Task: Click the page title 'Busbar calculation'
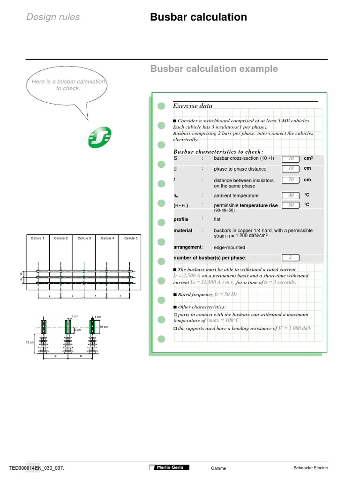[x=198, y=17]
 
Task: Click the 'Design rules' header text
[x=53, y=17]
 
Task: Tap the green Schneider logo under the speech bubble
[x=99, y=138]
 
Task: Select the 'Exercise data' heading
[x=193, y=106]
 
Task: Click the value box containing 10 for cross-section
[x=291, y=159]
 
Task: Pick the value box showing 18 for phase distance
[x=291, y=169]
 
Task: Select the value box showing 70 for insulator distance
[x=291, y=180]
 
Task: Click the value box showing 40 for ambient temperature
[x=291, y=195]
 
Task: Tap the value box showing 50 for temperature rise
[x=291, y=205]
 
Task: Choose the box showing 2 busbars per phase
[x=291, y=257]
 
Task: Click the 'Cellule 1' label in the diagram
[x=37, y=238]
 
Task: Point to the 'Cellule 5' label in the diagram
[x=131, y=238]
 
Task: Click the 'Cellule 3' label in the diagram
[x=84, y=238]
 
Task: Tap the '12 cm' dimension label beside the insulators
[x=29, y=343]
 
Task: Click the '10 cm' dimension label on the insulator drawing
[x=104, y=326]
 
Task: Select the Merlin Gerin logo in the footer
[x=169, y=467]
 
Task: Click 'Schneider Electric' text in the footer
[x=310, y=468]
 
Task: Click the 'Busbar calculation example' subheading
[x=214, y=69]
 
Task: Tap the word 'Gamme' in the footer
[x=218, y=468]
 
